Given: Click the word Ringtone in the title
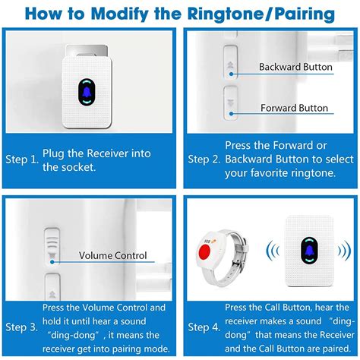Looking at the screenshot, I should coord(221,14).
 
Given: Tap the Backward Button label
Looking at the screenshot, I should coord(295,67).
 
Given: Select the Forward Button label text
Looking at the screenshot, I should coord(295,108).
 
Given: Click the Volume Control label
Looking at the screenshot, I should coord(114,255).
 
